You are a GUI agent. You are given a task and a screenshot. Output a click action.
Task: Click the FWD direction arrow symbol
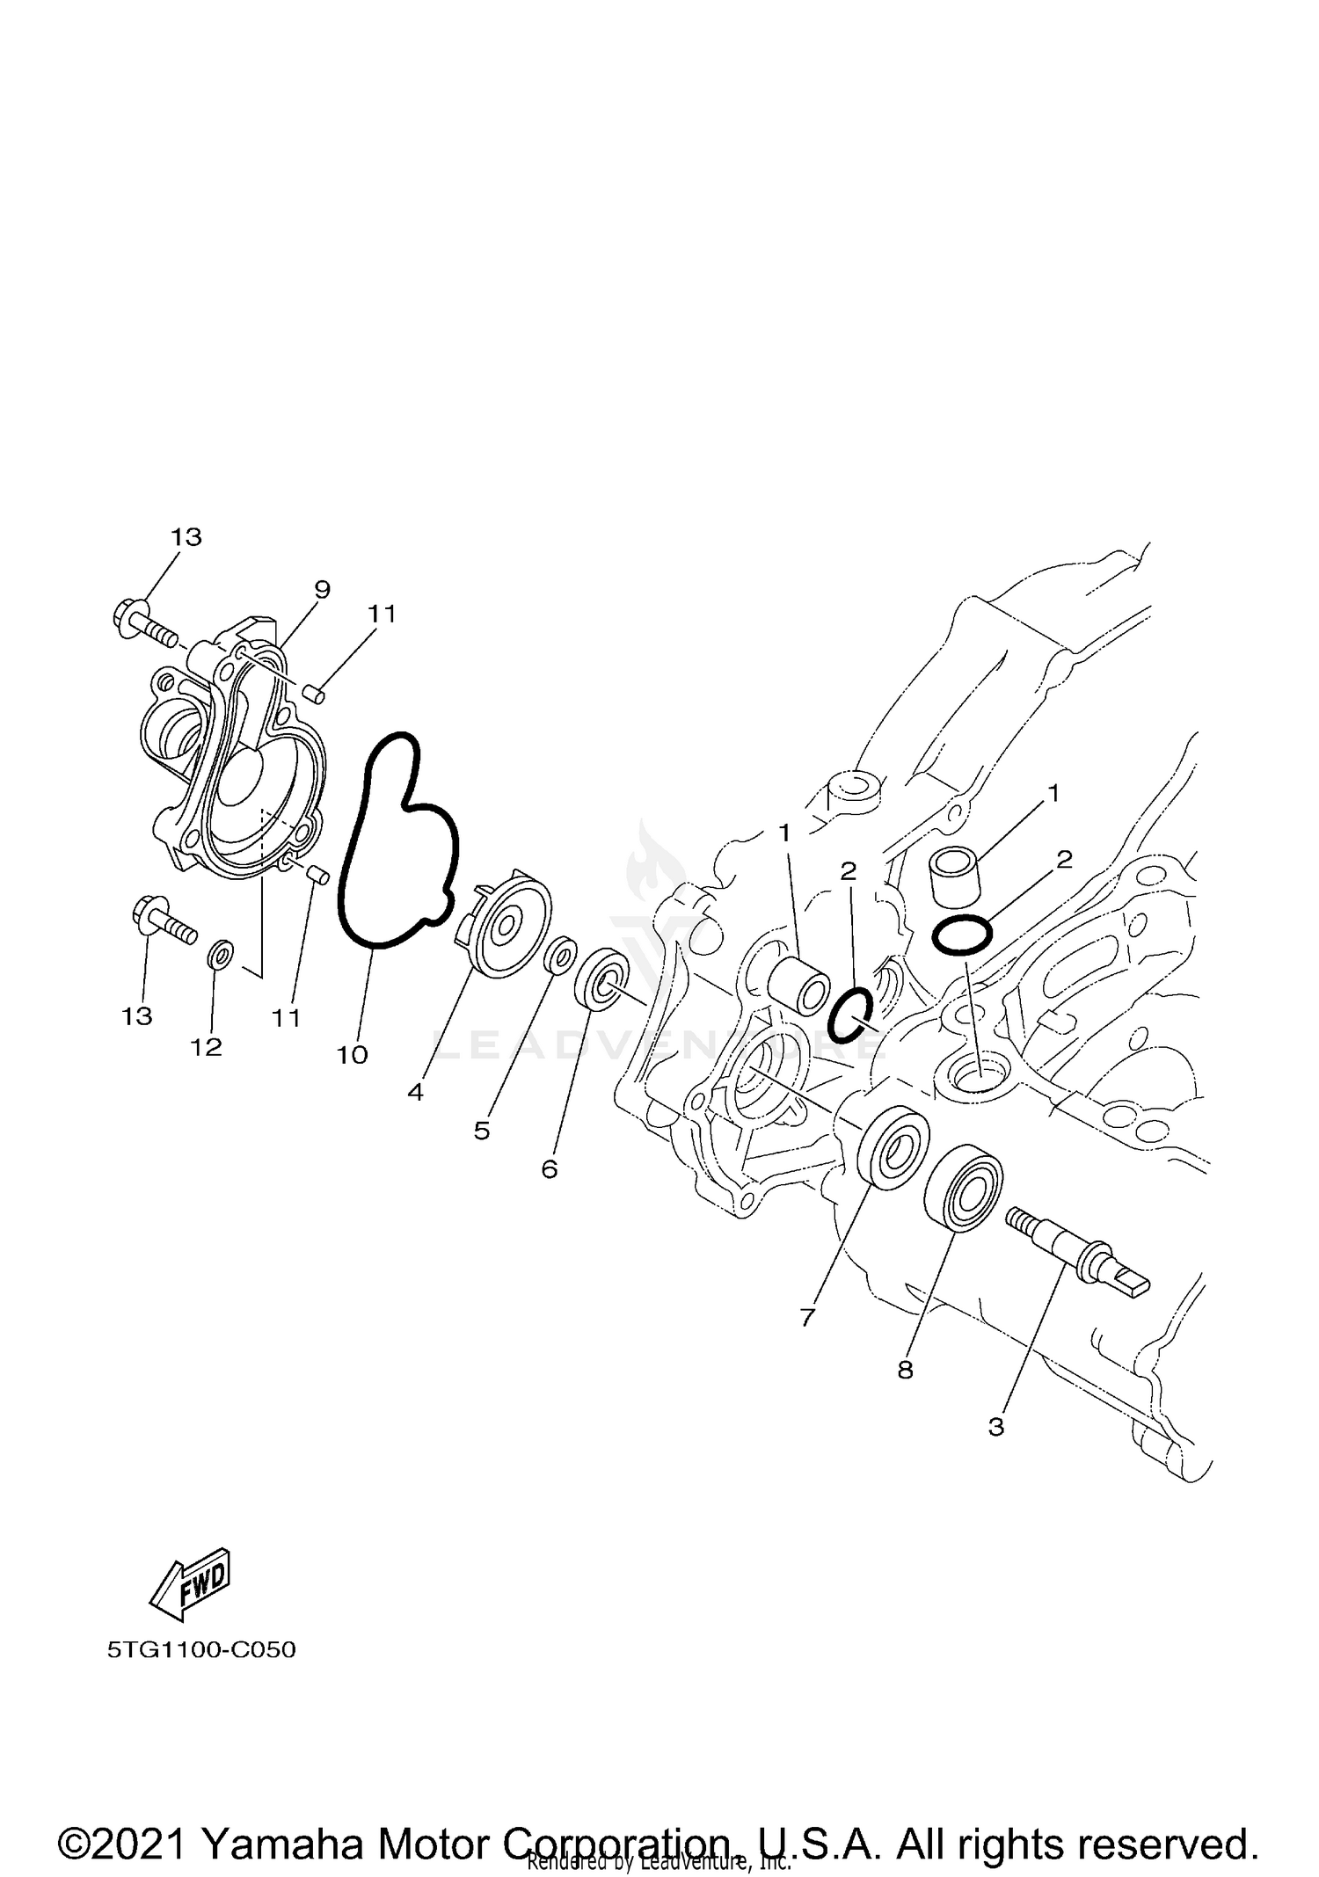191,1583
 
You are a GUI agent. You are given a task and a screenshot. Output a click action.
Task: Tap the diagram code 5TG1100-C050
201,1649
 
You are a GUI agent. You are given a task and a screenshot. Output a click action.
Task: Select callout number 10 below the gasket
352,1054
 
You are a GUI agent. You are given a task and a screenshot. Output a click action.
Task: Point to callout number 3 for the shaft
995,1426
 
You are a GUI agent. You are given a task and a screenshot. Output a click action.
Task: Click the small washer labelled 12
221,953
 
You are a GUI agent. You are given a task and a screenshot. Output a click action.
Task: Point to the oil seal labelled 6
602,986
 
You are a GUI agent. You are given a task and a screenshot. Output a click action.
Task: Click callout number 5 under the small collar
481,1131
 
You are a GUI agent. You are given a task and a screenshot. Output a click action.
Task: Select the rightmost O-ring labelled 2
962,935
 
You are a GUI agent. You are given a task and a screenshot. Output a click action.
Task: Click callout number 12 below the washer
207,1047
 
